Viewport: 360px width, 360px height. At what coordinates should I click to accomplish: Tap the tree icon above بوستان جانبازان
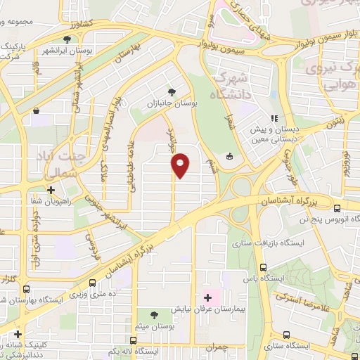[170, 91]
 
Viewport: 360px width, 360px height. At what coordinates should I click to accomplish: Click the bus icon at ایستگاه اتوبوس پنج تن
[338, 208]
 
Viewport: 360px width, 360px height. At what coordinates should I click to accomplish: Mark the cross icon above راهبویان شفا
[50, 189]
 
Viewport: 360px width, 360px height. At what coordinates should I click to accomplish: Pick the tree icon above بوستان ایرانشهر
[67, 39]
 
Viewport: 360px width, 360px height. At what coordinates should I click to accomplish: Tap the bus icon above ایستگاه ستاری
[286, 335]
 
